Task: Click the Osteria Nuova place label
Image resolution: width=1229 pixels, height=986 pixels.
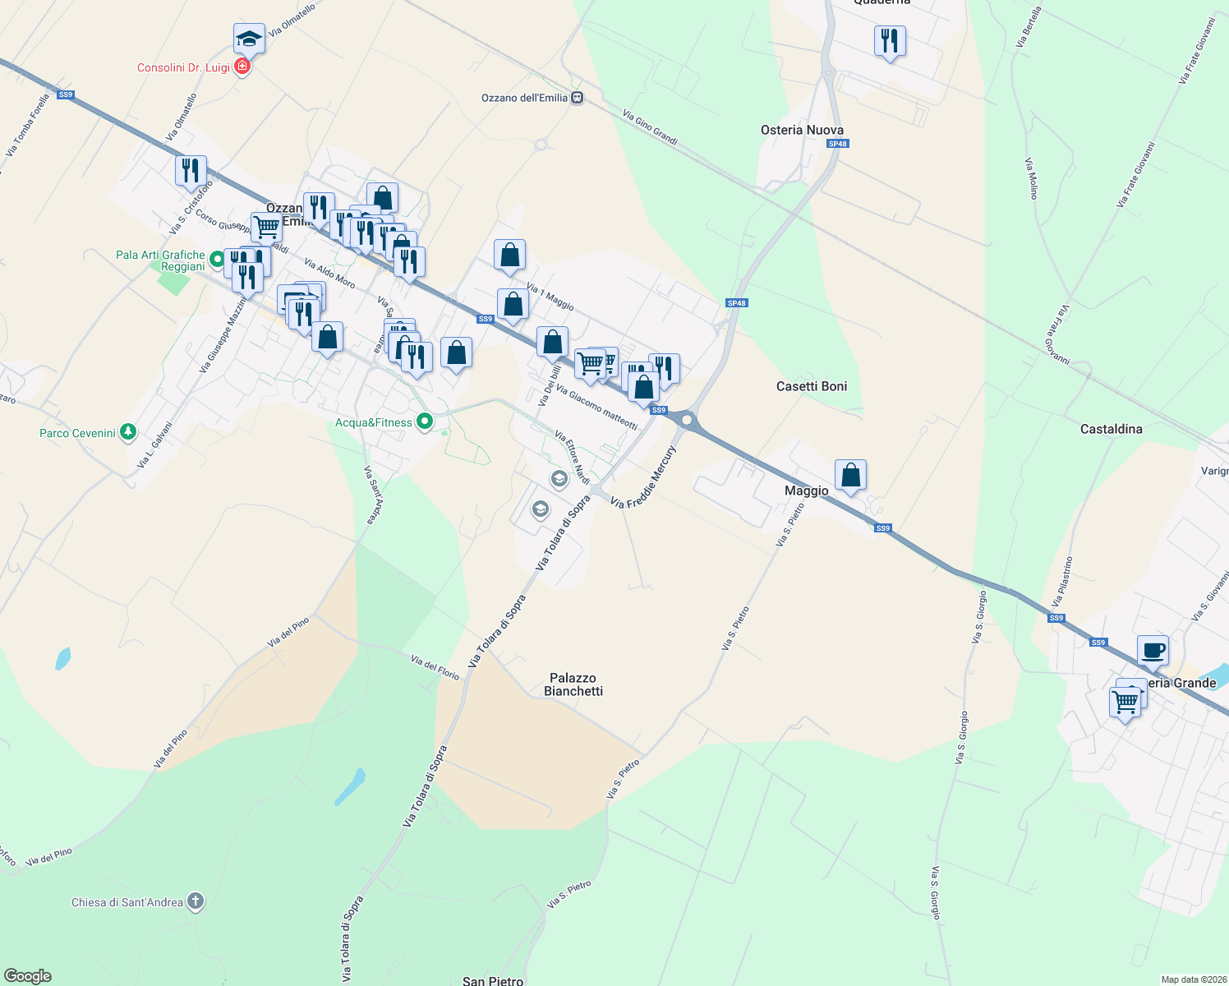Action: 802,130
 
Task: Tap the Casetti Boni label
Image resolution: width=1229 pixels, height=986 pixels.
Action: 811,386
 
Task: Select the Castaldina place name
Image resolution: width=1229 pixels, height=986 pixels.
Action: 1111,429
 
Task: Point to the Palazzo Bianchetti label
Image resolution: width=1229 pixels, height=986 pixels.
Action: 573,684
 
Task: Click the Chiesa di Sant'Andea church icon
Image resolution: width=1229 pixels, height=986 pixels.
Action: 196,901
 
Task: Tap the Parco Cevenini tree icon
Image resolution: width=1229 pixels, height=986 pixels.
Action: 127,432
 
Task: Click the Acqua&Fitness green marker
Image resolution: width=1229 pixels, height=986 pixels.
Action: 425,422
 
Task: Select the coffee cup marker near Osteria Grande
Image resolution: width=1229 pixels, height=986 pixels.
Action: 1153,649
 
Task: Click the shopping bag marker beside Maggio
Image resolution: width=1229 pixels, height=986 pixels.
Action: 850,474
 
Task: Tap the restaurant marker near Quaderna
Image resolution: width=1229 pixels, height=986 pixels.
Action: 890,40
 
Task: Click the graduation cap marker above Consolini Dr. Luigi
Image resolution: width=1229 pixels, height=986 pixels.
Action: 249,38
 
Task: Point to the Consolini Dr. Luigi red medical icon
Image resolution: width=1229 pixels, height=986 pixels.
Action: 242,67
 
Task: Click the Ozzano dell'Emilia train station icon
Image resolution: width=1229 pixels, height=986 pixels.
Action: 578,98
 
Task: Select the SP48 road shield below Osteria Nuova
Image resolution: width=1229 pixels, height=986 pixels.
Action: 837,144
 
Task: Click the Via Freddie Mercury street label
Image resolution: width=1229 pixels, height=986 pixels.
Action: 643,477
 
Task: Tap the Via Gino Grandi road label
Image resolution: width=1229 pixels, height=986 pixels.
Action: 650,128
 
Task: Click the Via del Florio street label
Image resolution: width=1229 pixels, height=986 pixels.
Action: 435,667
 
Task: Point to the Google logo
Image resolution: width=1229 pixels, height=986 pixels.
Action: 28,976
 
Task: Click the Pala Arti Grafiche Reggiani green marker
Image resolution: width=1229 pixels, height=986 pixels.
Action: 217,260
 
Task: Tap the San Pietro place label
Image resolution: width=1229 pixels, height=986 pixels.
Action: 493,980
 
